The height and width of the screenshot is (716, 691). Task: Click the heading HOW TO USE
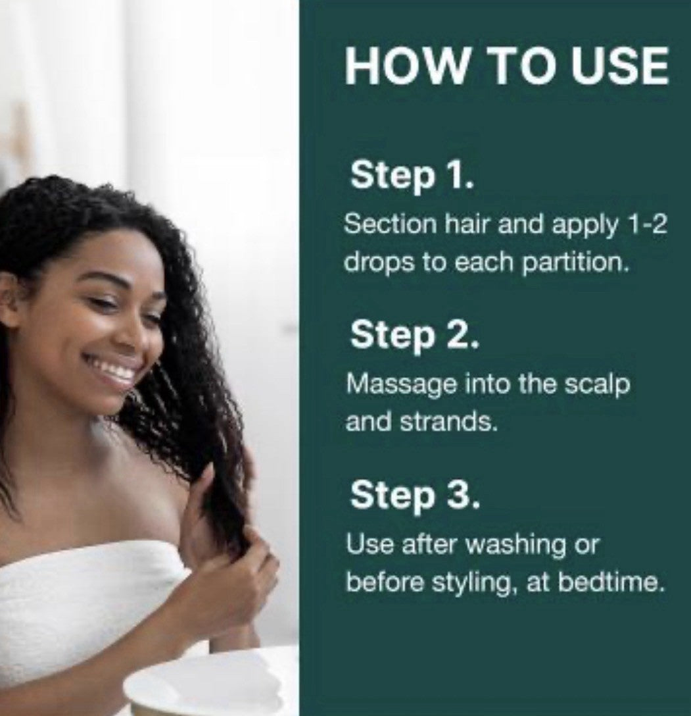click(x=507, y=65)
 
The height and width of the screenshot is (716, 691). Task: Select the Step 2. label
click(x=415, y=335)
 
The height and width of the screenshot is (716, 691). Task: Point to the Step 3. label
click(x=415, y=495)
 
